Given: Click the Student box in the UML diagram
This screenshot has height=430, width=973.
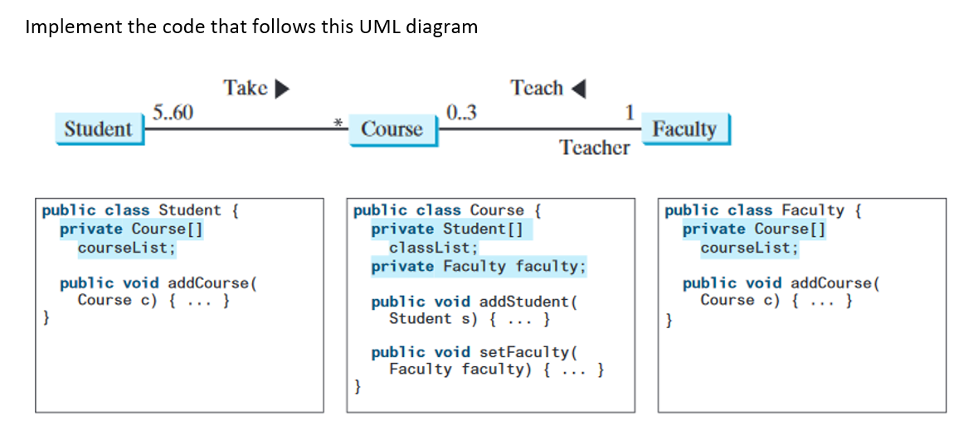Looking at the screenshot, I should [98, 129].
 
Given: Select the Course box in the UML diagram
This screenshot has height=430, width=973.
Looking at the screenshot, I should [392, 129].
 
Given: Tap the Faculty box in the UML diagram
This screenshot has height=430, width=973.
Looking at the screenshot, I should [684, 129].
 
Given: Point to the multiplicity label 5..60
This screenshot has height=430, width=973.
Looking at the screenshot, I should [173, 113].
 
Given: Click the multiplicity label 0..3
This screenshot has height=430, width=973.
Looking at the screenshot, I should [460, 113].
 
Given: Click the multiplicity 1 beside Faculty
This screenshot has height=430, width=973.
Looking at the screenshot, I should [630, 113].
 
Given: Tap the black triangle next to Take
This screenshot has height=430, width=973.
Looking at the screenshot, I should [282, 88].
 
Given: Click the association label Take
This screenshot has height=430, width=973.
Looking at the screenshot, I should [245, 87].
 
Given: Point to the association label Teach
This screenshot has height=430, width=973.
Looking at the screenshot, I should [537, 87].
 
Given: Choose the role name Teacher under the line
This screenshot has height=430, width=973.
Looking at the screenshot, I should [594, 147].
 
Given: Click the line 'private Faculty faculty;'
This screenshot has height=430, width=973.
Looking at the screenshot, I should [478, 266].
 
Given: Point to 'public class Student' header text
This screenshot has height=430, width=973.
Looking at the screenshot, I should [132, 210].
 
